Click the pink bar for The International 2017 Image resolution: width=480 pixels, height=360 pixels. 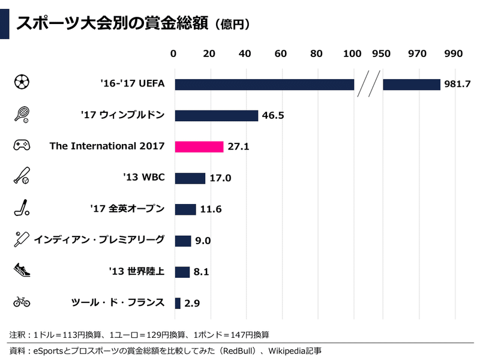(x=199, y=146)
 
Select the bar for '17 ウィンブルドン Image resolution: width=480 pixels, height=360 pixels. (x=216, y=115)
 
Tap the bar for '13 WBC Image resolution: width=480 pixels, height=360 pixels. (x=190, y=178)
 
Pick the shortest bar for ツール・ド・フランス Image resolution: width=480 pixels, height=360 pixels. (x=178, y=303)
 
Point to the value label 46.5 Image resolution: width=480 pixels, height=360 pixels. (x=272, y=116)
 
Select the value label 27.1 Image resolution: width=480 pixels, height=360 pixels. (x=238, y=147)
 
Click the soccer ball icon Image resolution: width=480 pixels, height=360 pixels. (x=22, y=83)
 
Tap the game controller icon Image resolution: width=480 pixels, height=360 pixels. (x=22, y=146)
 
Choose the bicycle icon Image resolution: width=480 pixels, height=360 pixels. (x=22, y=301)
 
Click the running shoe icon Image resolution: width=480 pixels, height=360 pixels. (x=22, y=271)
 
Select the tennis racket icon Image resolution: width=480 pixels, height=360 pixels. (x=22, y=114)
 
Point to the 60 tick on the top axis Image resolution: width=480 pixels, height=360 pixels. (x=280, y=53)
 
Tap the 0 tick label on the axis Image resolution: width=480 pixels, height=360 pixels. (x=173, y=53)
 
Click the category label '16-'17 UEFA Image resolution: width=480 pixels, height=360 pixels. (x=133, y=84)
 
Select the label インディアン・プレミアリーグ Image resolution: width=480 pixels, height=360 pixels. (x=100, y=240)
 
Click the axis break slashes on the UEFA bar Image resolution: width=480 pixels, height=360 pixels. (x=368, y=85)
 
